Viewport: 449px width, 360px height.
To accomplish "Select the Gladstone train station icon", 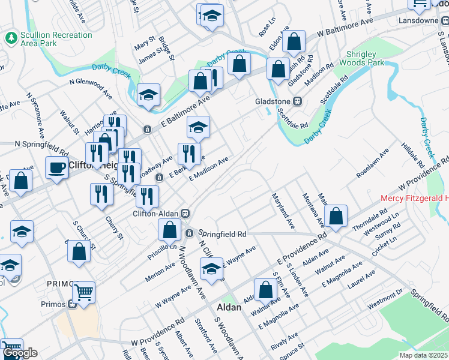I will pyautogui.click(x=296, y=101).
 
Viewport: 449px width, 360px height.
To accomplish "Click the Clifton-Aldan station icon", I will pyautogui.click(x=186, y=213).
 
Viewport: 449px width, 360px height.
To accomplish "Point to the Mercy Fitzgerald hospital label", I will pyautogui.click(x=415, y=199).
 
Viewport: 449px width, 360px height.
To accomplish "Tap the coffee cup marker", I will pyautogui.click(x=57, y=167).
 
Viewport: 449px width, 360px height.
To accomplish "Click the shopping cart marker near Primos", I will pyautogui.click(x=83, y=293).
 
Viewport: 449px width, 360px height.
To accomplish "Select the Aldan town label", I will pyautogui.click(x=228, y=307).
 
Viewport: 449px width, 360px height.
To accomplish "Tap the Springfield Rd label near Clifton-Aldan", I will pyautogui.click(x=223, y=233).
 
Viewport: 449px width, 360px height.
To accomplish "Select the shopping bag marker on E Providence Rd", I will pyautogui.click(x=336, y=216).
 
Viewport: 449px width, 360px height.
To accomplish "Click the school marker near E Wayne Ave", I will pyautogui.click(x=211, y=271).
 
